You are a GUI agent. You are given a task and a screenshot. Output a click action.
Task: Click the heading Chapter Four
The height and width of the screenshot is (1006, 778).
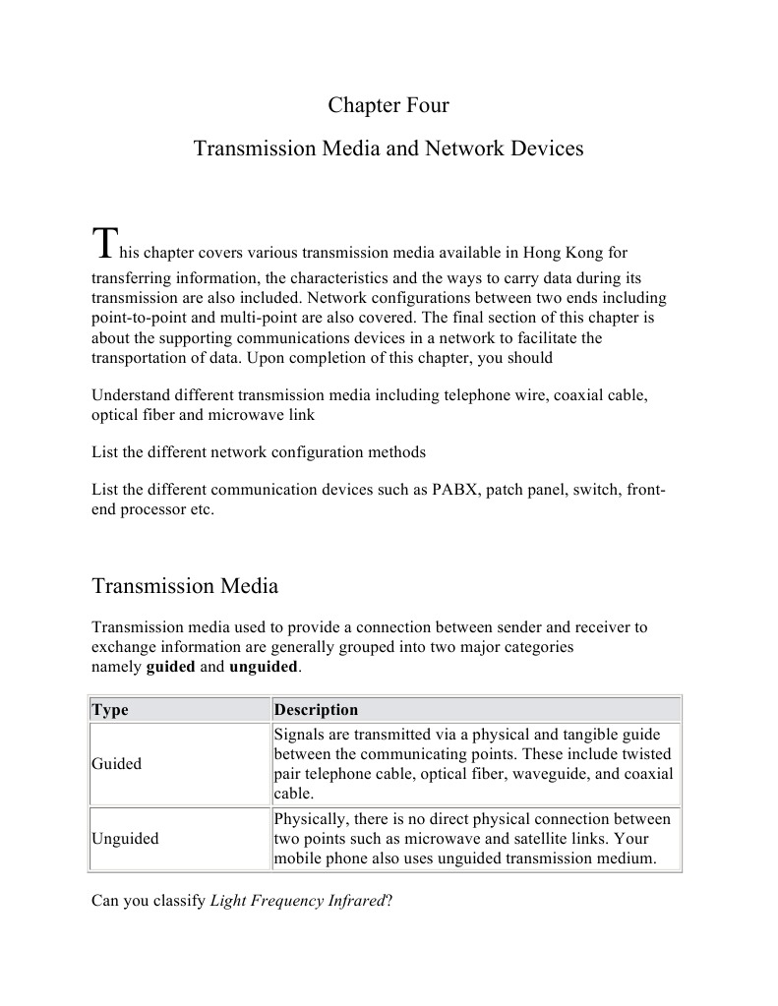point(389,105)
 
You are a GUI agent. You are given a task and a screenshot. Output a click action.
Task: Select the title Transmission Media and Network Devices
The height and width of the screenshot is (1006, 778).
point(389,148)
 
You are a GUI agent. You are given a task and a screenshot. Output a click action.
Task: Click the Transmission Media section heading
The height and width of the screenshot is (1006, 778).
point(185,586)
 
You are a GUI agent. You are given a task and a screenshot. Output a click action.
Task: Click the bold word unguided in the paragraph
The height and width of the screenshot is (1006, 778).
point(263,667)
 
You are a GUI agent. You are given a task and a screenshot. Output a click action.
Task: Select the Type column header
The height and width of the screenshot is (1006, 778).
point(110,710)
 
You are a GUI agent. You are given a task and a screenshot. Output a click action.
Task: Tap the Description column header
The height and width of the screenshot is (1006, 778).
point(316,710)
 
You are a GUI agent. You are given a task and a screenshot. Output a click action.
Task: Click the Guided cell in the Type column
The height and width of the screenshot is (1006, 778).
point(116,764)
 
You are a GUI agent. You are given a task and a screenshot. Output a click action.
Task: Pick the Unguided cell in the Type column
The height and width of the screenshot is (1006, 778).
point(125,839)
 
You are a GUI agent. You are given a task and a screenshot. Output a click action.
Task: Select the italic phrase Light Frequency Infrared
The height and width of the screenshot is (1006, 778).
point(297,900)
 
